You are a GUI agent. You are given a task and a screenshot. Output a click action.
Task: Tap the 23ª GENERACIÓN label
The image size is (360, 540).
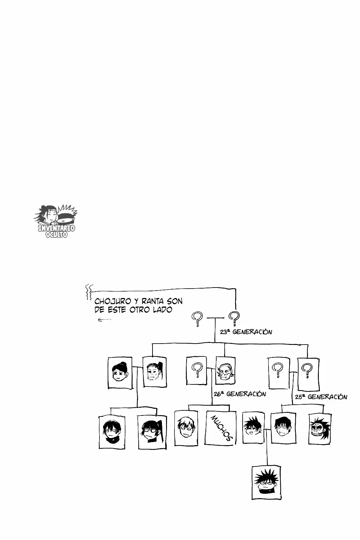[x=246, y=332]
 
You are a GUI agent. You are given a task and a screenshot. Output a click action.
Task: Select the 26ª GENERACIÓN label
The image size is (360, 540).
[x=240, y=394]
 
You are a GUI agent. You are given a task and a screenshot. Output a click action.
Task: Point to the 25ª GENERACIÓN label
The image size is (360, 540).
[x=321, y=397]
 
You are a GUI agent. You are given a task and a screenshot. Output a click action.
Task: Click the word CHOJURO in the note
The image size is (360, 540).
[x=113, y=301]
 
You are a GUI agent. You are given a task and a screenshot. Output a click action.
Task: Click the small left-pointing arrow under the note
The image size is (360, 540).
[x=105, y=320]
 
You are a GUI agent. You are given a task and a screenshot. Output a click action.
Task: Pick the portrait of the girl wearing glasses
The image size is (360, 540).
[x=152, y=432]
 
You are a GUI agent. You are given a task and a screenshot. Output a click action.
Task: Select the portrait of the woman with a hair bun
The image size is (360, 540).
[x=120, y=373]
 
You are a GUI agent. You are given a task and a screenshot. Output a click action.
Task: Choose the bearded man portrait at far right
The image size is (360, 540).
[x=320, y=429]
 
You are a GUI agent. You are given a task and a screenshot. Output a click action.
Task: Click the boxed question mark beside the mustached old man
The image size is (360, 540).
[x=196, y=370]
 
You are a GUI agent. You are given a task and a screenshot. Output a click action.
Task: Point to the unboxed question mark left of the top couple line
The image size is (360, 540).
[x=197, y=319]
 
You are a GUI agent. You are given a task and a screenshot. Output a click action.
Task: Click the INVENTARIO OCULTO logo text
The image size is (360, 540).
[x=57, y=231]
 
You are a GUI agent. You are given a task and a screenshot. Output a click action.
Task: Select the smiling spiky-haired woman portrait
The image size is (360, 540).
[x=253, y=428]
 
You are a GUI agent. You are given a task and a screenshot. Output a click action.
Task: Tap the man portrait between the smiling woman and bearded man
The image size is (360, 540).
[x=283, y=428]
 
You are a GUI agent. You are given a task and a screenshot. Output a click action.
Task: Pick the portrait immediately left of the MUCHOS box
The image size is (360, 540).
[x=186, y=428]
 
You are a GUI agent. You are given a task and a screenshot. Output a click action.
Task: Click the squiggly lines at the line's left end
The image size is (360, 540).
[x=88, y=292]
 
